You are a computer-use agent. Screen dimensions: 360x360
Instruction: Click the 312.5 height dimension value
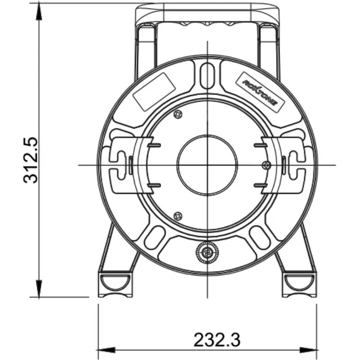(x=31, y=160)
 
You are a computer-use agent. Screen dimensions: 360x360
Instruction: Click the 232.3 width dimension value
(x=217, y=340)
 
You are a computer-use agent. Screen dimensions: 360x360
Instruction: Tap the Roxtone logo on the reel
(x=261, y=92)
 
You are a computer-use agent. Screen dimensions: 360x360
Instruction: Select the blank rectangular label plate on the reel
(x=154, y=92)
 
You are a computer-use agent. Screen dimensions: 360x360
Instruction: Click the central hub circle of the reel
(x=207, y=165)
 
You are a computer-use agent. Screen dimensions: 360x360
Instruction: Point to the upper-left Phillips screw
(x=178, y=114)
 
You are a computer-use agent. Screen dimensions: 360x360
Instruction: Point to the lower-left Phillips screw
(x=178, y=216)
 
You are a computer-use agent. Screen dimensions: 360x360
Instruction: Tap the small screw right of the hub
(x=266, y=165)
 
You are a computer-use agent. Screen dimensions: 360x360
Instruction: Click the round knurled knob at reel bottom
(x=207, y=253)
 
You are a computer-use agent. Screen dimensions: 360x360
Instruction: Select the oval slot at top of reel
(x=207, y=76)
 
